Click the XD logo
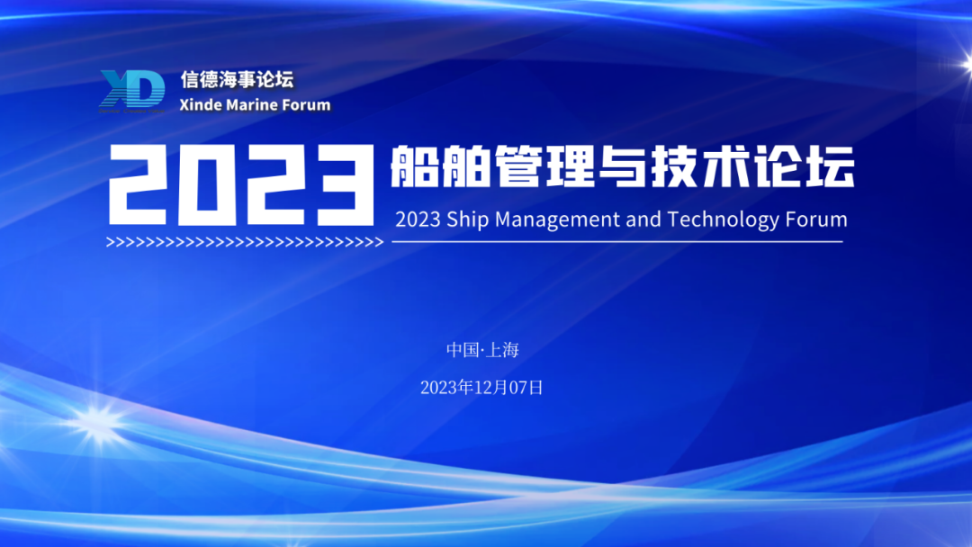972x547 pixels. click(132, 91)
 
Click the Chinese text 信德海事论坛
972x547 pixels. click(238, 79)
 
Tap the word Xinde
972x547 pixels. click(201, 104)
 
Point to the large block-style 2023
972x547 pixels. click(242, 184)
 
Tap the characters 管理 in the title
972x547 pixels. click(544, 166)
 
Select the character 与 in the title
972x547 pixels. click(621, 166)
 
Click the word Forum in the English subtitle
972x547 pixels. click(816, 220)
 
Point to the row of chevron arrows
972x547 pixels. click(245, 242)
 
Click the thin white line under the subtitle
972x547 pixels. click(617, 242)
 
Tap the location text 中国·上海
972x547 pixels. click(482, 350)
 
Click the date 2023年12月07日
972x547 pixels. click(481, 388)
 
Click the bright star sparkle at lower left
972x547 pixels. click(94, 425)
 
